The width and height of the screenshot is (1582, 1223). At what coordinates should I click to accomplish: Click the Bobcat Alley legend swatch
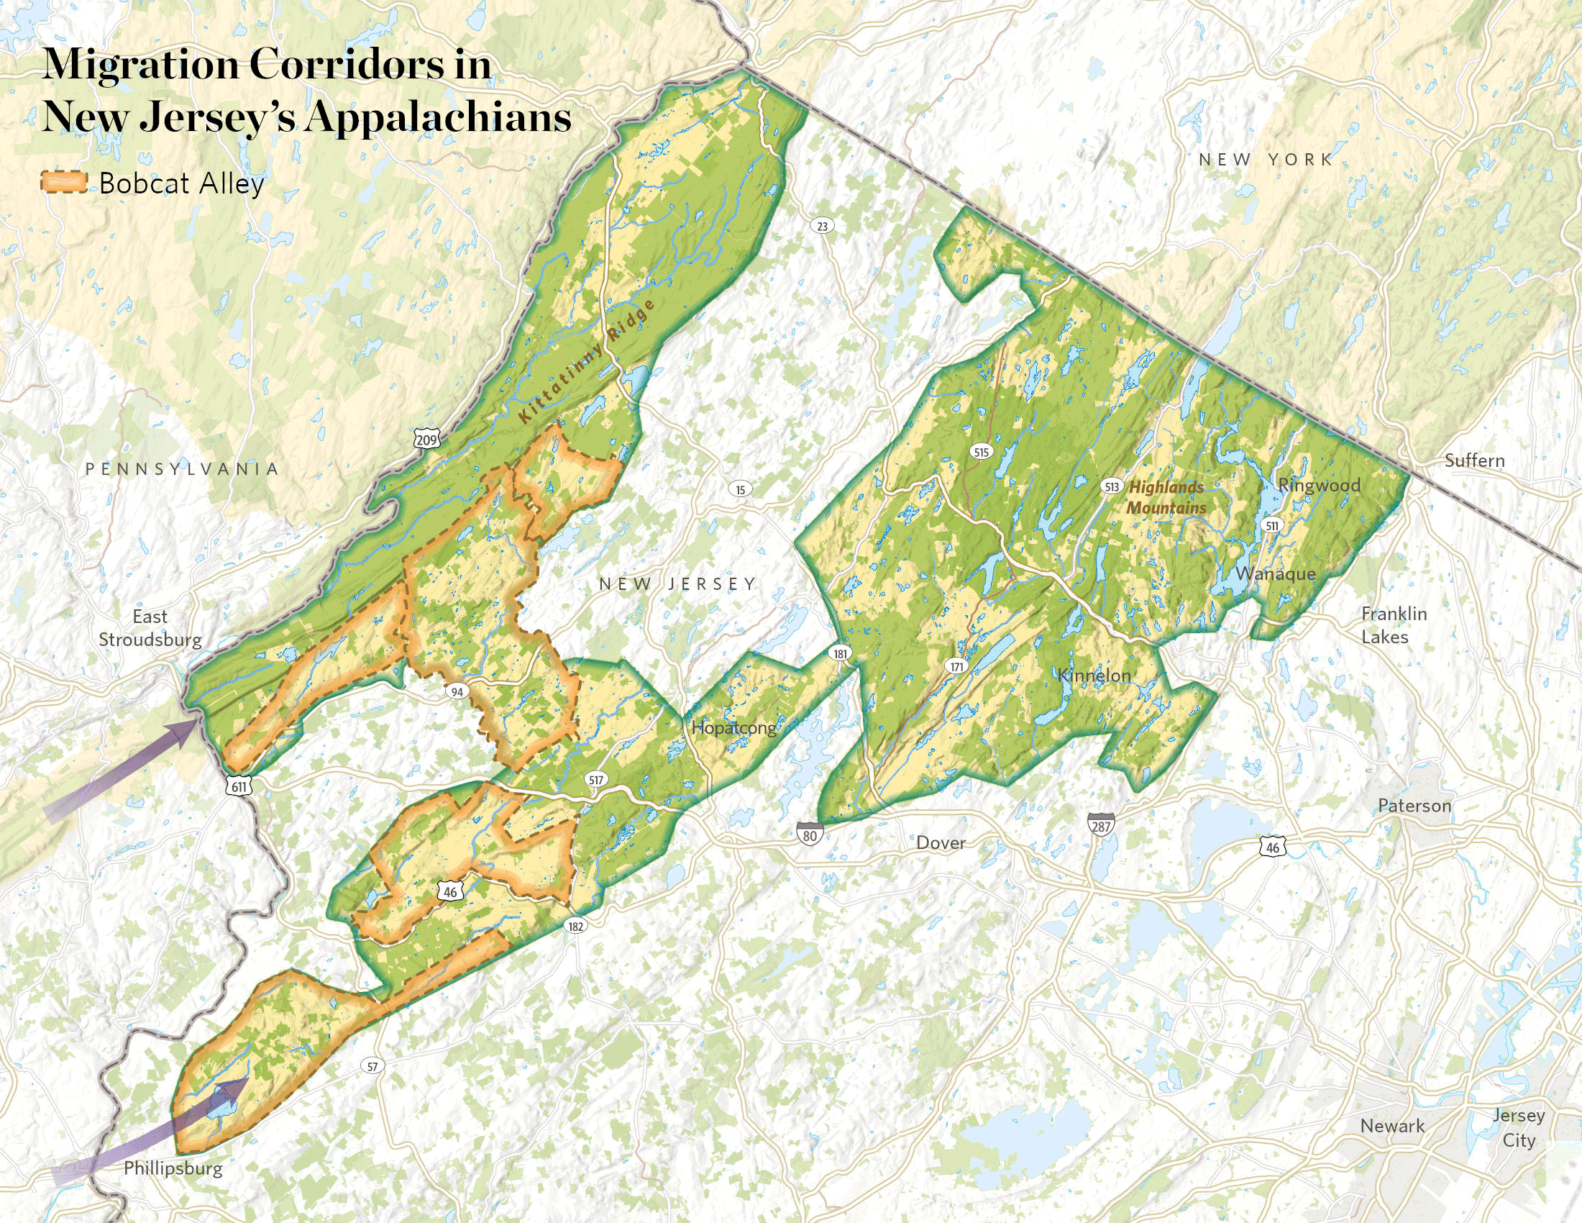click(64, 183)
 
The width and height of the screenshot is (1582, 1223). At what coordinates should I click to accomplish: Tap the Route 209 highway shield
click(427, 438)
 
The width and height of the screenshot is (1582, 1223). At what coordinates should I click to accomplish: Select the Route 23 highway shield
click(822, 226)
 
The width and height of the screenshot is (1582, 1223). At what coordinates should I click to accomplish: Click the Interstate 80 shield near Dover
click(810, 835)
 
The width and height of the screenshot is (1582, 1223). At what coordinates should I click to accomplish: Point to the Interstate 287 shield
click(1100, 826)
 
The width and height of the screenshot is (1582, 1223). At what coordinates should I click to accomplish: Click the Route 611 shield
click(239, 787)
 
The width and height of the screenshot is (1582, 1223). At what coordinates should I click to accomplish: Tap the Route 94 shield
click(457, 692)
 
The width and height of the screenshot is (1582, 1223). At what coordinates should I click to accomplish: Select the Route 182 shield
click(576, 926)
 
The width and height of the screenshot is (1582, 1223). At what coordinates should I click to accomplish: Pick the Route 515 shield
click(981, 453)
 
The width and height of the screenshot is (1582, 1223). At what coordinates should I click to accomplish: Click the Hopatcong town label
click(733, 728)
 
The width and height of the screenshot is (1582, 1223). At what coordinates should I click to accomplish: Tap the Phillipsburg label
click(173, 1168)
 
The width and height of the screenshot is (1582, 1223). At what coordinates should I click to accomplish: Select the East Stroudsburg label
click(150, 628)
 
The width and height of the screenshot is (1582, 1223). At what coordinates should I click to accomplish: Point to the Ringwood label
click(1318, 485)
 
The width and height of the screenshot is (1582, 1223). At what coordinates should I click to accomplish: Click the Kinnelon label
click(1094, 676)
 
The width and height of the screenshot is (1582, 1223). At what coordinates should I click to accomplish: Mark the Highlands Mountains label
click(1166, 498)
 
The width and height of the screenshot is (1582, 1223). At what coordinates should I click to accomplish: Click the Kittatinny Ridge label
click(587, 363)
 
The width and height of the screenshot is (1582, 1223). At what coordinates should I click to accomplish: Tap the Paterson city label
click(1414, 805)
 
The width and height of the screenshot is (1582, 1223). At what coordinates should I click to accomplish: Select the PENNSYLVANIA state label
click(182, 469)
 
